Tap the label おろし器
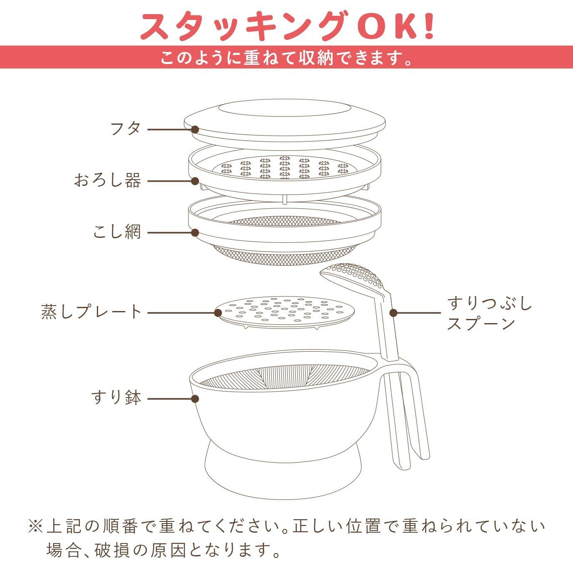[108, 181]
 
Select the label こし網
[117, 232]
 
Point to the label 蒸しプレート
[92, 312]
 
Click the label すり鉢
[116, 398]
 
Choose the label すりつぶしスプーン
[489, 314]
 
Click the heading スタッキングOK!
[286, 26]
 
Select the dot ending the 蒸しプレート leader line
[218, 313]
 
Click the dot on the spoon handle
[393, 313]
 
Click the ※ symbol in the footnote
[35, 527]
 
